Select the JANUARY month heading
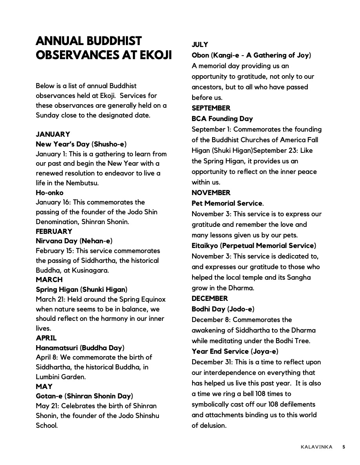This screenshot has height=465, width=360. pyautogui.click(x=53, y=134)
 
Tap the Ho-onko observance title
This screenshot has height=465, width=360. pyautogui.click(x=49, y=193)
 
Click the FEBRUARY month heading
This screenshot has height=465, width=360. pyautogui.click(x=54, y=232)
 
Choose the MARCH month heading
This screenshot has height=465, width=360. pyautogui.click(x=49, y=280)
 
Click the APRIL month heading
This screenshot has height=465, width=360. pyautogui.click(x=46, y=338)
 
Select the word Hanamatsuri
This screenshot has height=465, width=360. pyautogui.click(x=57, y=348)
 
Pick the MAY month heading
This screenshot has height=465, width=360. pyautogui.click(x=44, y=387)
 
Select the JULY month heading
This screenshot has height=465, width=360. pyautogui.click(x=200, y=45)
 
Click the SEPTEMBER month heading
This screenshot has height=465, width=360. pyautogui.click(x=211, y=108)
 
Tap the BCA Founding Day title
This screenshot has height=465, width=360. pyautogui.click(x=222, y=119)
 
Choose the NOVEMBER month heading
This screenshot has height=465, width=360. pyautogui.click(x=211, y=193)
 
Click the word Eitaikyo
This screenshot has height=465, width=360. pyautogui.click(x=205, y=246)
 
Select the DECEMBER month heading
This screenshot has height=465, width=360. pyautogui.click(x=209, y=299)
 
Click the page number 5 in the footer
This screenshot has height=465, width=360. pyautogui.click(x=344, y=447)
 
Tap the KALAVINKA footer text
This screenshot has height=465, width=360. pyautogui.click(x=316, y=447)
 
